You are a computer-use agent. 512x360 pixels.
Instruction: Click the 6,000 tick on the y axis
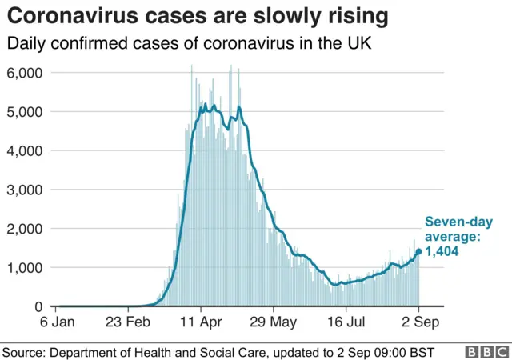[25, 73]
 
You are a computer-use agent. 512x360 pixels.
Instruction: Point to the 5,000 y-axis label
[25, 112]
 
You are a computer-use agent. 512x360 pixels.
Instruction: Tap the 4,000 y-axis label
[25, 150]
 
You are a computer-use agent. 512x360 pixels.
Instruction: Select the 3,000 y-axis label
[25, 190]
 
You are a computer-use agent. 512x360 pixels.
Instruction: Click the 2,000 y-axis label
[25, 229]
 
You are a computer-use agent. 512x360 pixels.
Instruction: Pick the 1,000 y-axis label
[25, 267]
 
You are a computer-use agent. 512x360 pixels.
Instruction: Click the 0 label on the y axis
[38, 306]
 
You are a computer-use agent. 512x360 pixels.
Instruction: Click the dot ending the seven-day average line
[418, 251]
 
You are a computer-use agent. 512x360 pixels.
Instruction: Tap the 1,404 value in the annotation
[441, 251]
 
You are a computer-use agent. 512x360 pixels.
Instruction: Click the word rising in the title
[359, 15]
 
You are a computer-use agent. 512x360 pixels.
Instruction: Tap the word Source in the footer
[24, 351]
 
